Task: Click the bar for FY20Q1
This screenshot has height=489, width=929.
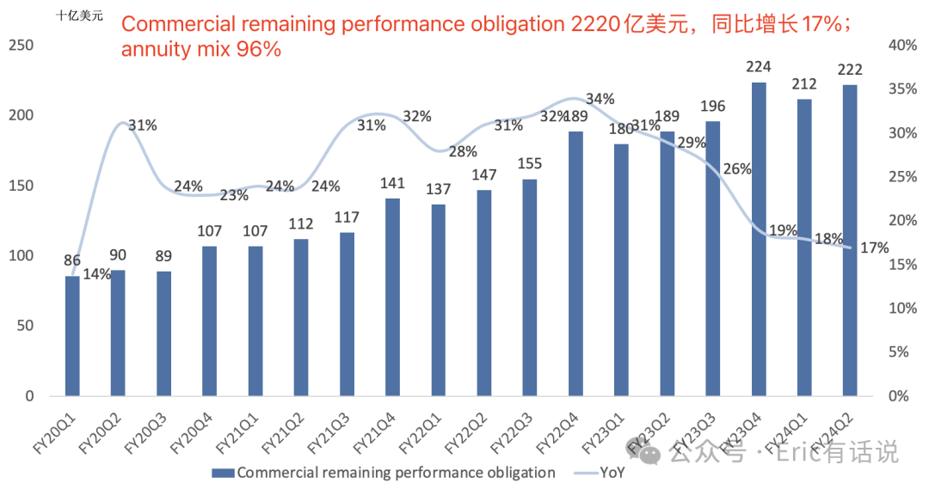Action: coord(72,335)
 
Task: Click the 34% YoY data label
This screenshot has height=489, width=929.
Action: coord(599,99)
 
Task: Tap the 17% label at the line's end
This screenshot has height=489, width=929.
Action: coord(874,248)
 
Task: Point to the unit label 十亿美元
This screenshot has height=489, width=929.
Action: coord(79,15)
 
